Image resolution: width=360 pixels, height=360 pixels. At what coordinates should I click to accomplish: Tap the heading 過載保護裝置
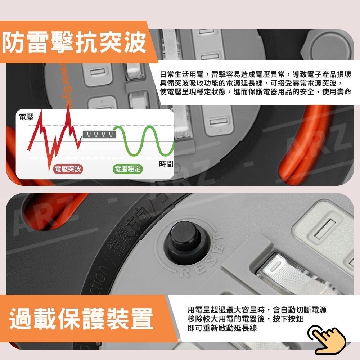[81, 318]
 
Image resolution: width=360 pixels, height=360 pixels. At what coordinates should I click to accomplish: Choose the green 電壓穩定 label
[127, 169]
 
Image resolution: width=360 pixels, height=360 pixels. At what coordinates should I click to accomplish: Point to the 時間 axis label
[166, 164]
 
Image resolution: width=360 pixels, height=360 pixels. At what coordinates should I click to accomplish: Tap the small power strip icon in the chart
[98, 134]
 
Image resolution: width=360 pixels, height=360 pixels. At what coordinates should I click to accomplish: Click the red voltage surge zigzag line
[54, 137]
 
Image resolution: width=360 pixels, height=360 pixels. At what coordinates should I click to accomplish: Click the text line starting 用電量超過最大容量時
[257, 310]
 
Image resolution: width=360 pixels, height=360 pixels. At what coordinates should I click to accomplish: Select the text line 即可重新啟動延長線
[222, 328]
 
